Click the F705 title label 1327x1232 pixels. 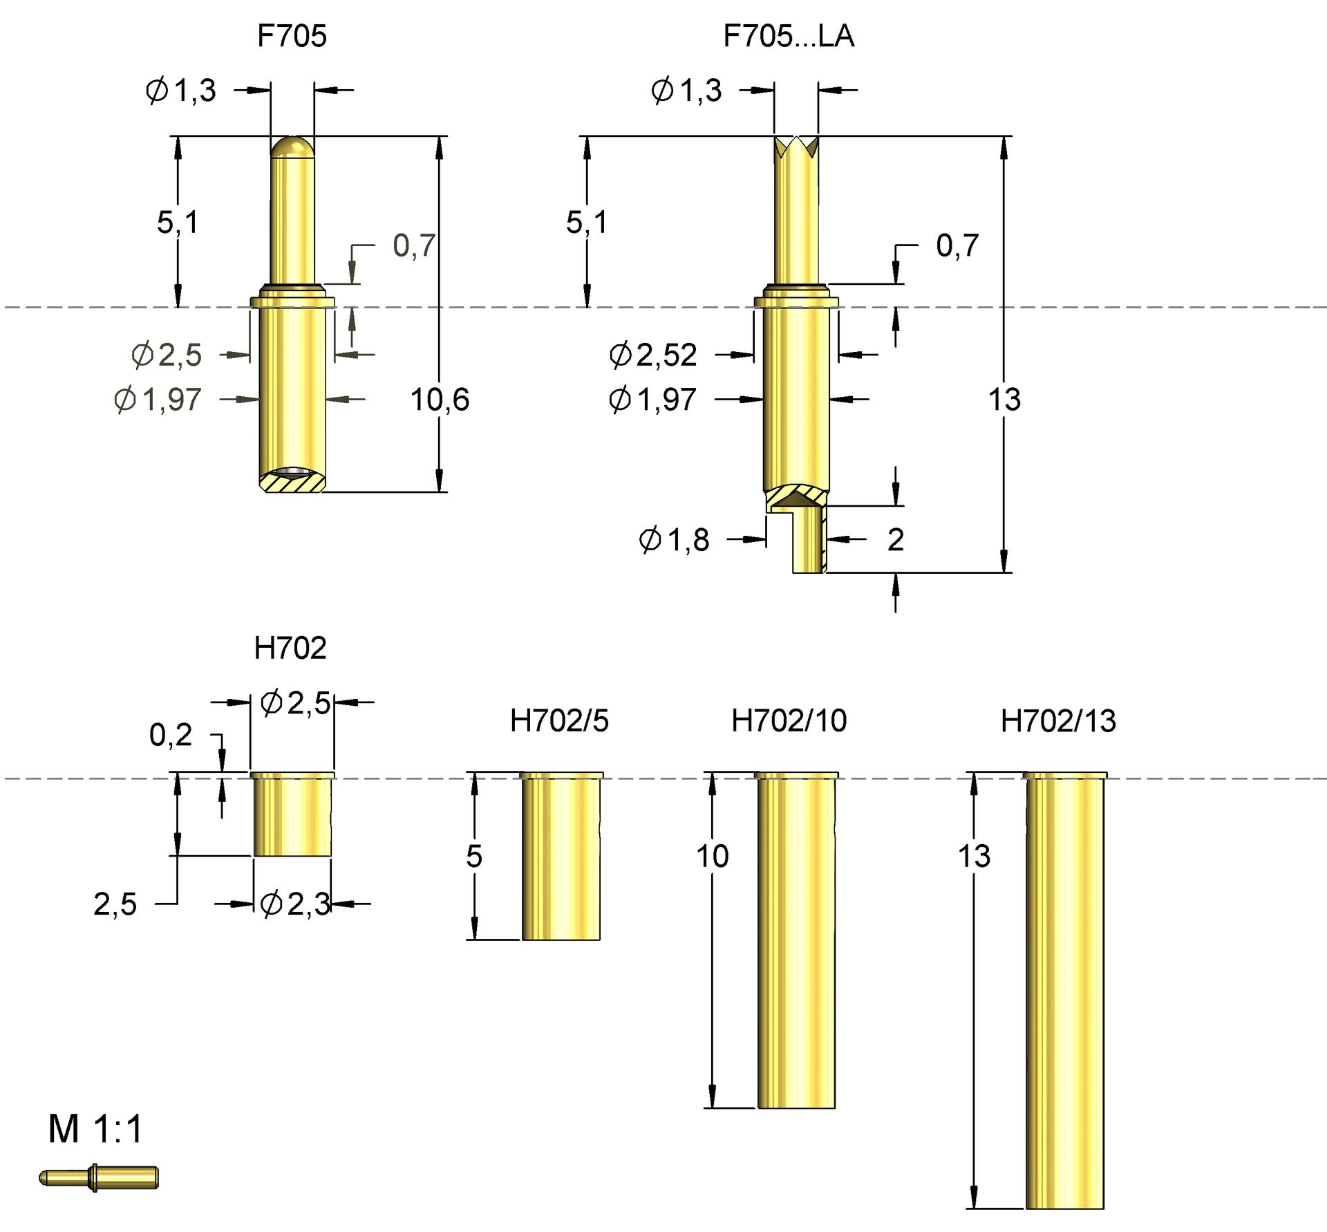[291, 36]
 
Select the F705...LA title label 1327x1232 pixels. [788, 36]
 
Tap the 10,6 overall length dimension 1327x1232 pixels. [440, 400]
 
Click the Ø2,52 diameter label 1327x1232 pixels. [652, 355]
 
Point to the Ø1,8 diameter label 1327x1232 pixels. [674, 539]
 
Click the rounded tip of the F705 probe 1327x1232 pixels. [292, 147]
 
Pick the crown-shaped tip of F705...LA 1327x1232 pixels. [796, 147]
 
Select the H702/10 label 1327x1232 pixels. [789, 720]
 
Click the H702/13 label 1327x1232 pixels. [1057, 721]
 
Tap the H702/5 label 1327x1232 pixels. [559, 720]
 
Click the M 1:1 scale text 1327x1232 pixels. [95, 1130]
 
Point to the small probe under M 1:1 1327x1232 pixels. [99, 1177]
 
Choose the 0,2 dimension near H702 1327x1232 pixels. [170, 734]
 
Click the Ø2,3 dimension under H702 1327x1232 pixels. [295, 904]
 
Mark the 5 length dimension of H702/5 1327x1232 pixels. [473, 856]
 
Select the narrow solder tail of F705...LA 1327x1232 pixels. [809, 543]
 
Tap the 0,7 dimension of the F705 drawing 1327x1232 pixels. [413, 245]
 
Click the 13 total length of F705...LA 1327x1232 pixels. [1004, 400]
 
